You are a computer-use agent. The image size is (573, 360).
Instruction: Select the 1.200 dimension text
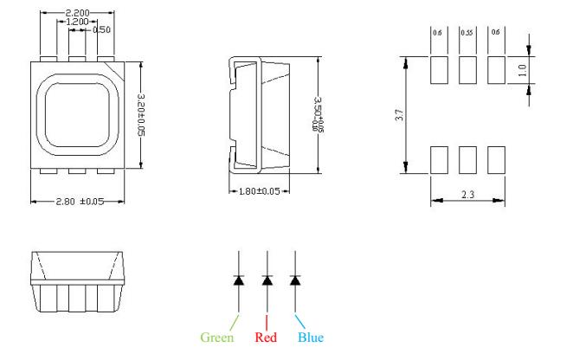pyautogui.click(x=80, y=22)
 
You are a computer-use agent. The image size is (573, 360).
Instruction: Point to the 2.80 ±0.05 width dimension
pyautogui.click(x=79, y=202)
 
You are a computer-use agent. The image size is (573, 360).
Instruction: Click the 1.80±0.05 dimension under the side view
pyautogui.click(x=259, y=192)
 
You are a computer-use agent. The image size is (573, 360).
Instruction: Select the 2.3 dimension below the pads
pyautogui.click(x=468, y=195)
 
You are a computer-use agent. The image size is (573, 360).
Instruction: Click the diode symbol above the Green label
pyautogui.click(x=239, y=280)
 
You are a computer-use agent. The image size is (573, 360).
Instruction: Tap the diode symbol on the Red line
pyautogui.click(x=267, y=280)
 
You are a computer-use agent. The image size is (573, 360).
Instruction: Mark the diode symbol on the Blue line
pyautogui.click(x=295, y=280)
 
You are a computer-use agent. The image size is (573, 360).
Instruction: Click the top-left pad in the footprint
pyautogui.click(x=439, y=70)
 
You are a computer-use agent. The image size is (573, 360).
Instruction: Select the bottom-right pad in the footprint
pyautogui.click(x=496, y=159)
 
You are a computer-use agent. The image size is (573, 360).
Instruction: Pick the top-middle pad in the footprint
pyautogui.click(x=467, y=70)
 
